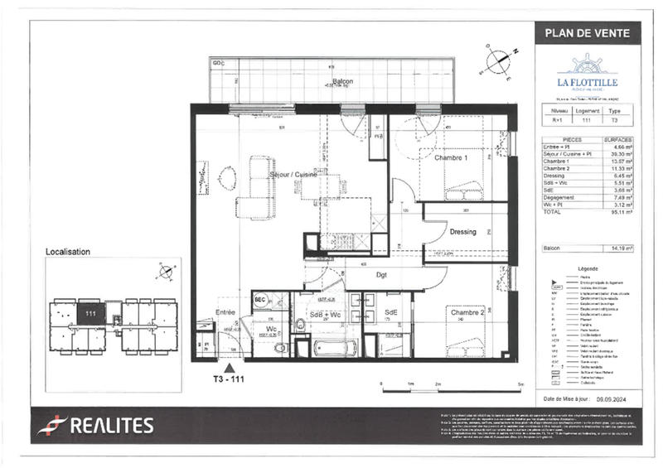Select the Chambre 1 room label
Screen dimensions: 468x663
[452, 157]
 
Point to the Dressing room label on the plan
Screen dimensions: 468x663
[462, 232]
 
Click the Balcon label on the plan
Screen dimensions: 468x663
[343, 81]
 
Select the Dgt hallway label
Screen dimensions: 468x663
[381, 274]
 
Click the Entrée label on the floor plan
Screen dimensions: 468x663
[225, 312]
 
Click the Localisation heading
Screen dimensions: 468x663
[68, 251]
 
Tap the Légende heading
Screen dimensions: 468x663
[587, 270]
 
